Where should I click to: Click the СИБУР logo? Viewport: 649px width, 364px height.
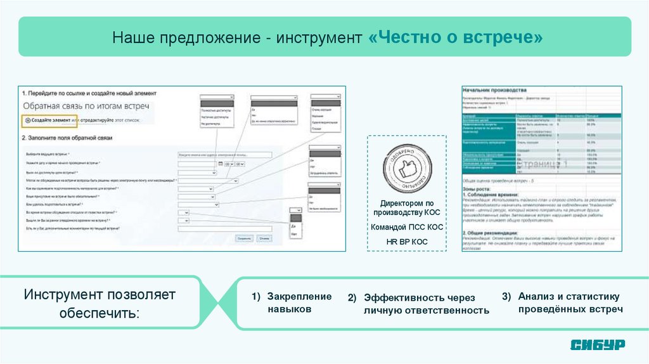point(597,344)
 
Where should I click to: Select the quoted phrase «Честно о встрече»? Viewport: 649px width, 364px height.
point(455,39)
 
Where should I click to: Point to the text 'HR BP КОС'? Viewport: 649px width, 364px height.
point(406,242)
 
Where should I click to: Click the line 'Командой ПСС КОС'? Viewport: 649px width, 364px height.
point(406,227)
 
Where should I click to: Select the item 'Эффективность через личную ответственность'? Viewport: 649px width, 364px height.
point(426,304)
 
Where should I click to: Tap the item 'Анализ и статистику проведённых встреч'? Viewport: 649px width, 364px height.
point(570,302)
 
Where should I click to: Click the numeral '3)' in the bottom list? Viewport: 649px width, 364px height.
point(506,296)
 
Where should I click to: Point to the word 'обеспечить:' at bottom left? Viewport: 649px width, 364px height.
point(98,314)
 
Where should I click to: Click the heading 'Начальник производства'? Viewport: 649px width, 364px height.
point(495,90)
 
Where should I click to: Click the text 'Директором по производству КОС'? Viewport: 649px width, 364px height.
point(406,208)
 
